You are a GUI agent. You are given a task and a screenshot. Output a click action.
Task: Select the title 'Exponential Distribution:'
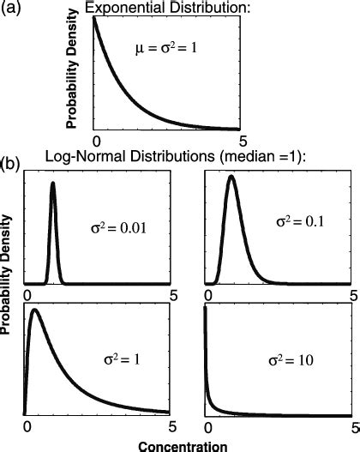pyautogui.click(x=168, y=8)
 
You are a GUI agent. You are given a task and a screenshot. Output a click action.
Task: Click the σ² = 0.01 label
pyautogui.click(x=116, y=228)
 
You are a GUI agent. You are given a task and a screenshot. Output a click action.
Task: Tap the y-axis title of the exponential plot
pyautogui.click(x=79, y=70)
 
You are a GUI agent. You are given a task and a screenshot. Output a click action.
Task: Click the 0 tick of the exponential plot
pyautogui.click(x=97, y=139)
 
